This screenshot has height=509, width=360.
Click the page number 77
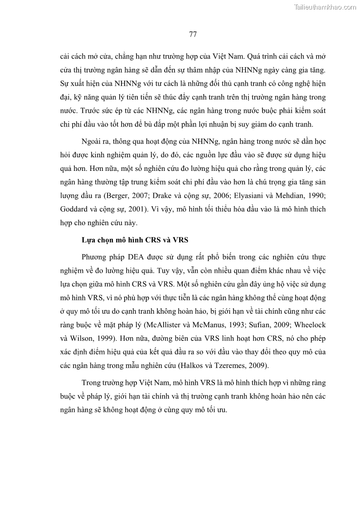192,34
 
